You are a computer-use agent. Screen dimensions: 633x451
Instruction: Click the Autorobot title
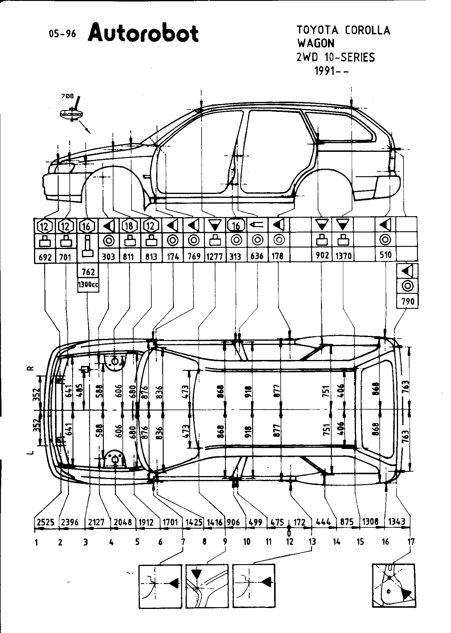(143, 33)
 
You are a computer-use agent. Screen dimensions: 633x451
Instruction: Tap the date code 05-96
(63, 34)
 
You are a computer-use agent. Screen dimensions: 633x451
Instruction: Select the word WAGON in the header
(316, 44)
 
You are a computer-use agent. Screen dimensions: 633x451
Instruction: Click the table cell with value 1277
(215, 257)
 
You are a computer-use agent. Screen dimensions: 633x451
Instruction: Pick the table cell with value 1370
(343, 256)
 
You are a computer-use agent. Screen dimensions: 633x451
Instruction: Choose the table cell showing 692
(45, 257)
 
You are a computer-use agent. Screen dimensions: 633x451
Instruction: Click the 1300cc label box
(88, 284)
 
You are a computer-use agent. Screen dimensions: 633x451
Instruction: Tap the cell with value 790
(408, 301)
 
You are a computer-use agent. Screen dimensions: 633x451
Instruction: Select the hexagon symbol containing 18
(129, 226)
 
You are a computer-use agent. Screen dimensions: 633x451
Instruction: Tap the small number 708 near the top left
(67, 96)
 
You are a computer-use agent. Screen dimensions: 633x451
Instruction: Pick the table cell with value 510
(385, 255)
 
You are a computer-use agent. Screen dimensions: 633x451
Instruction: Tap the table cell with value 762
(88, 272)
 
